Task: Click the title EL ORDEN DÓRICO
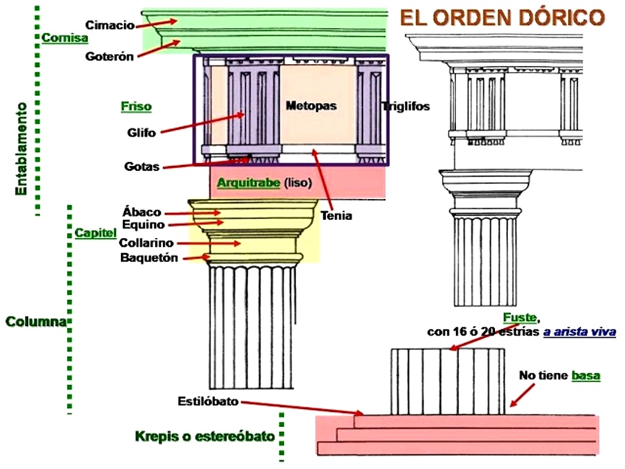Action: (x=502, y=18)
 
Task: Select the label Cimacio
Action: (x=110, y=25)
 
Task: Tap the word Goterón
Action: (x=109, y=56)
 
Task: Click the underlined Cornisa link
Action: (x=65, y=38)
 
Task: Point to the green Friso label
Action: (x=135, y=107)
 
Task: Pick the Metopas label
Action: (x=311, y=106)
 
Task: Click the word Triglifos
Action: (x=406, y=107)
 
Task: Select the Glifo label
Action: (x=142, y=132)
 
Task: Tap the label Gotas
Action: (x=142, y=166)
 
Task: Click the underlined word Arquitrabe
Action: (x=248, y=183)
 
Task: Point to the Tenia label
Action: (x=336, y=216)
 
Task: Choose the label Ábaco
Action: (x=142, y=213)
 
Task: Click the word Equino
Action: (x=143, y=225)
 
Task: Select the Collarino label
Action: (x=146, y=243)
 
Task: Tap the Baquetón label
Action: (x=149, y=258)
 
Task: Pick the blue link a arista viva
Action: (x=579, y=332)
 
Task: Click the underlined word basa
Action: (x=585, y=376)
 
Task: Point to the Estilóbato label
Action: (x=208, y=402)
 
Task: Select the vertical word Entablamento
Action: (x=22, y=148)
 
